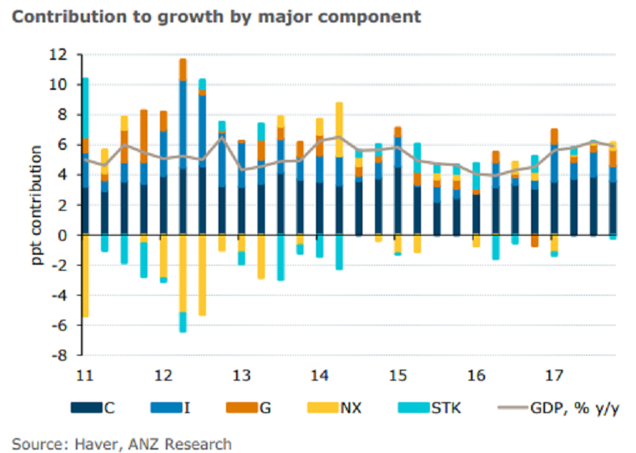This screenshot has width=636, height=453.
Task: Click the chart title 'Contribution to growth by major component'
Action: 216,16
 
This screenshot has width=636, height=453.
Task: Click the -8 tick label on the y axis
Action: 61,356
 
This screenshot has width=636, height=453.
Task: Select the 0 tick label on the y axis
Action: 64,236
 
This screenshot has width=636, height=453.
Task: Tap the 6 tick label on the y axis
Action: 64,145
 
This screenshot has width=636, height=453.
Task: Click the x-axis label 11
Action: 83,374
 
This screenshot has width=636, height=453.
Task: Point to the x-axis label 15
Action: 398,374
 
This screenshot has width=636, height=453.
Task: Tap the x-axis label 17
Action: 554,374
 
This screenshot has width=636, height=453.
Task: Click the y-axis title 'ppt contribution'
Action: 38,206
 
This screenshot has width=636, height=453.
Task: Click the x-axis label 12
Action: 163,374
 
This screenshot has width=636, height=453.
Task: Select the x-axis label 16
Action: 476,374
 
